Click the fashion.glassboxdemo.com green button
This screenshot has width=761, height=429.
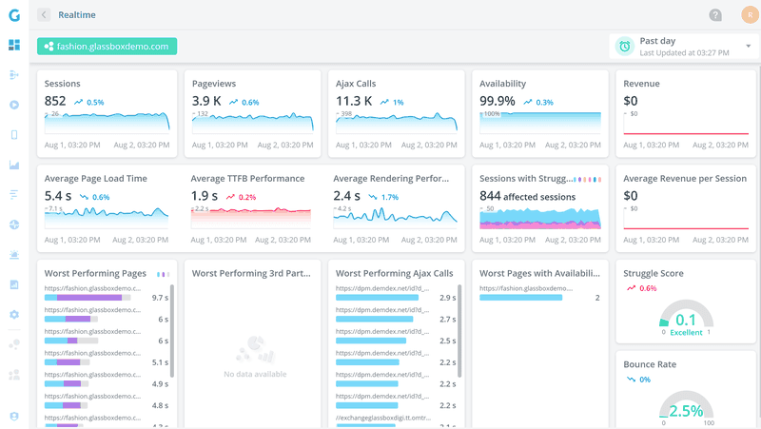[107, 46]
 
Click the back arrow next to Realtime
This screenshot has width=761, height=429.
[44, 15]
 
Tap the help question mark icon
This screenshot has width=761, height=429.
[715, 15]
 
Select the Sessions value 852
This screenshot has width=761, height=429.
[55, 101]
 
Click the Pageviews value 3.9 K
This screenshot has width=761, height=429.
[206, 101]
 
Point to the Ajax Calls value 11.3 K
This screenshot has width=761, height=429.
[354, 101]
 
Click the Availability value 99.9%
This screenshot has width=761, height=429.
[498, 101]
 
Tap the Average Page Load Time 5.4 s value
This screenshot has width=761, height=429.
[58, 196]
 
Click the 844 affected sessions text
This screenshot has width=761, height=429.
[528, 196]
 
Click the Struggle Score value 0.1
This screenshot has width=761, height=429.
[685, 319]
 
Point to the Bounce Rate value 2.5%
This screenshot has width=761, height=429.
[685, 411]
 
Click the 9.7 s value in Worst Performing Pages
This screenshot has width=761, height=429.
[160, 297]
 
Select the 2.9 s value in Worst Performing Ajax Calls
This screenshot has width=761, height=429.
[447, 297]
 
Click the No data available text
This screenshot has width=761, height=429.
[254, 374]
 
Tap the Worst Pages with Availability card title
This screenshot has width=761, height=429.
[539, 273]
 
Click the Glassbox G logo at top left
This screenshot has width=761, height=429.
[13, 14]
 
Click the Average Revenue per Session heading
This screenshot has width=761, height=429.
[685, 178]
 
